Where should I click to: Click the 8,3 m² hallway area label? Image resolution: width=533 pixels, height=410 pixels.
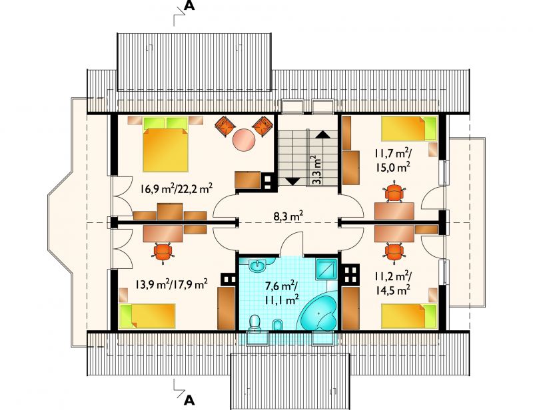288,216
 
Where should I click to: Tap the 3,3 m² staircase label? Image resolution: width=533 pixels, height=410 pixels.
316,170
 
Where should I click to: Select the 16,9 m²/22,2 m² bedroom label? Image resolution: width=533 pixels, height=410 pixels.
177,188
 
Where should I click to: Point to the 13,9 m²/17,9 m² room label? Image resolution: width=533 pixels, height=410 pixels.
171,284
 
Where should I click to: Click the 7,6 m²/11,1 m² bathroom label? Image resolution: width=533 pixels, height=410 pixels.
282,292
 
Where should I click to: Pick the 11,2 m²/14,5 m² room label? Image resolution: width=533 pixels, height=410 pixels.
393,284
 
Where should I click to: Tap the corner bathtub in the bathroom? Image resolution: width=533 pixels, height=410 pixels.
318,313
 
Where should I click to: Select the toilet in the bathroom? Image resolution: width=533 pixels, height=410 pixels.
255,323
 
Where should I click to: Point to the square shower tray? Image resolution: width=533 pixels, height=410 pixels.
326,269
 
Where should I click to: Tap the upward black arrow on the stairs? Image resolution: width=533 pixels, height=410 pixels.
322,134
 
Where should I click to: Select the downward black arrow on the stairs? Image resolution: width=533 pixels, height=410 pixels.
292,181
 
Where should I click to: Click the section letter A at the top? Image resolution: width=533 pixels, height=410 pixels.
189,6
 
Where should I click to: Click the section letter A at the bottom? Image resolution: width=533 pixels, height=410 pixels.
189,400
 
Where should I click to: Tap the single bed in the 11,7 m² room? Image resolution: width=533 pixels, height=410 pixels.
408,128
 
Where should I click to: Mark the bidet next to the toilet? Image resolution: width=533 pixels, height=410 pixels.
277,325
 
